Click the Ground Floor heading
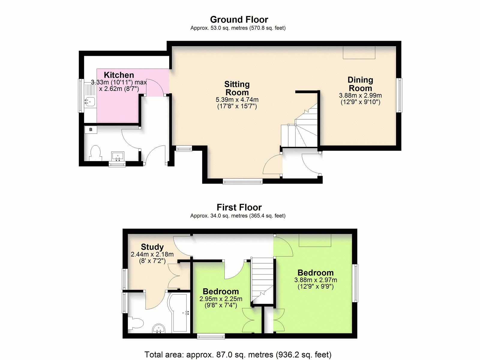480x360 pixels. [239, 20]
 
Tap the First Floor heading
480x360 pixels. [239, 207]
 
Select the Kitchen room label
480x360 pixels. [119, 75]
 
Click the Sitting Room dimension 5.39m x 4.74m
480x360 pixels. [237, 100]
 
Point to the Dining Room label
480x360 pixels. [360, 84]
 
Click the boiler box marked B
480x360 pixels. [91, 130]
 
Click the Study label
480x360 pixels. [152, 247]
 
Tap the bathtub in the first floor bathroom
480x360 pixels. [179, 313]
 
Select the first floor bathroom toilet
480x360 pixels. [136, 323]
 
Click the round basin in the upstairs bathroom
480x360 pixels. [159, 328]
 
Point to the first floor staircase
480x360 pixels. [262, 280]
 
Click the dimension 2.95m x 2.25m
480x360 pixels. [221, 299]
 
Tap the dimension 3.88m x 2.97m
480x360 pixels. [316, 280]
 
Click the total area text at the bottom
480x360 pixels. [238, 354]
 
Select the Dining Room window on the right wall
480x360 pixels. [400, 95]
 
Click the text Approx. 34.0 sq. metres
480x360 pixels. [219, 216]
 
